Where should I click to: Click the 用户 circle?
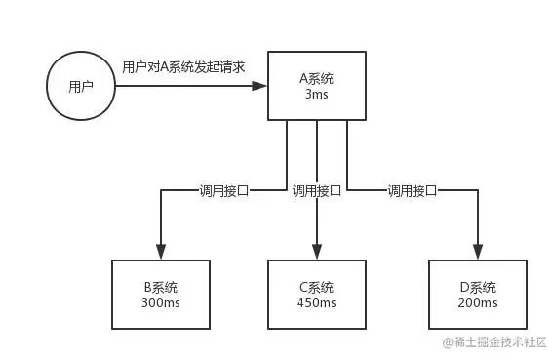(81, 86)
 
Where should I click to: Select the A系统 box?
(318, 85)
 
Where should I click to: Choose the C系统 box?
(318, 296)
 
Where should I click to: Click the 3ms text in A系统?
(318, 94)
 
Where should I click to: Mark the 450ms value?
(318, 303)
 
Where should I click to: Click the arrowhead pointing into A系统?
(260, 86)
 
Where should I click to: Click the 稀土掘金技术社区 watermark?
(495, 342)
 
